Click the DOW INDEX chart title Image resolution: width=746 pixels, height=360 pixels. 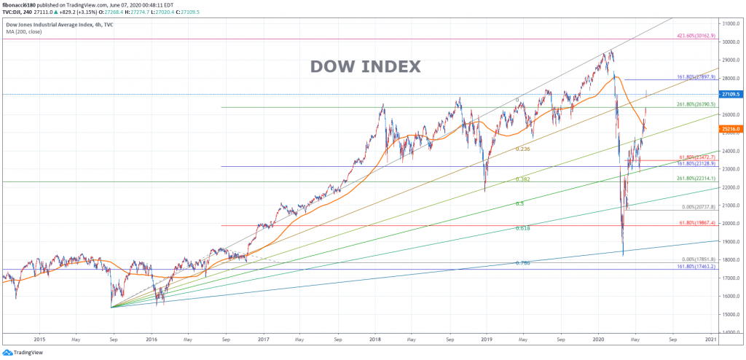pos(365,66)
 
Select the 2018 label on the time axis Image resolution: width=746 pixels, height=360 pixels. pos(375,340)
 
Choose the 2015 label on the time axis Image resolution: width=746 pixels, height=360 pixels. pos(39,340)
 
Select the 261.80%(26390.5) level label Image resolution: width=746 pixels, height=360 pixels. pos(696,104)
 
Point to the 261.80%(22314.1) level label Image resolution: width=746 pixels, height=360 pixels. pos(696,179)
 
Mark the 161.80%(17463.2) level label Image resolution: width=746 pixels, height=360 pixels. pos(696,267)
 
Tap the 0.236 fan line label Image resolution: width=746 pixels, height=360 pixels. pos(522,149)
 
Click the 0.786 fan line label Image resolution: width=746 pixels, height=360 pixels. pos(522,262)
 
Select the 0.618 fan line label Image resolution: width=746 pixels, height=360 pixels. pos(522,228)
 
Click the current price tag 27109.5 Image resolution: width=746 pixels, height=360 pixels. pos(730,94)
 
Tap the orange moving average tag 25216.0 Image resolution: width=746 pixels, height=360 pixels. pos(730,128)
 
